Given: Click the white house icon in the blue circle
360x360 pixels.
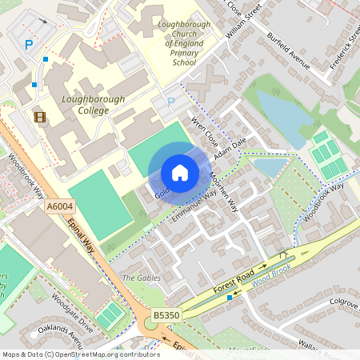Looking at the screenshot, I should [180, 173].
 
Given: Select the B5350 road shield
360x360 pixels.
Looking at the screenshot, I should [166, 317].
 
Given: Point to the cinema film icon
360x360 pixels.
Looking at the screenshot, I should [39, 118].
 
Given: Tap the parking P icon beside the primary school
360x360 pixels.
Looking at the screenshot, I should [170, 102].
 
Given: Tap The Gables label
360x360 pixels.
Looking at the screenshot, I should [140, 278].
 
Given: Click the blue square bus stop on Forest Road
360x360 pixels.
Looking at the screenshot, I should [230, 297].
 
